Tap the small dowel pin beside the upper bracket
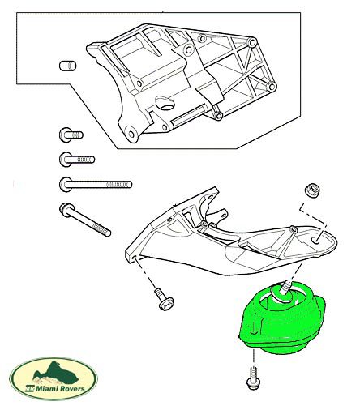(67, 66)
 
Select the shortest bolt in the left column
(71, 135)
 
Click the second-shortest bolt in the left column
(77, 160)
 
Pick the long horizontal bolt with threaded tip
(96, 185)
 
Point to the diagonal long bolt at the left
(85, 220)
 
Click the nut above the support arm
(313, 190)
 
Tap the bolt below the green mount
(253, 378)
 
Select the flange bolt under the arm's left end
(164, 300)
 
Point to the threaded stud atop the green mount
(287, 287)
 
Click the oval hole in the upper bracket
(165, 103)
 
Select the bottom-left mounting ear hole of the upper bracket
(131, 134)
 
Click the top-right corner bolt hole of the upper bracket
(252, 42)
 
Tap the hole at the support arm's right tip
(316, 240)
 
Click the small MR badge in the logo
(28, 389)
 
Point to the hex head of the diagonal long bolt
(65, 209)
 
